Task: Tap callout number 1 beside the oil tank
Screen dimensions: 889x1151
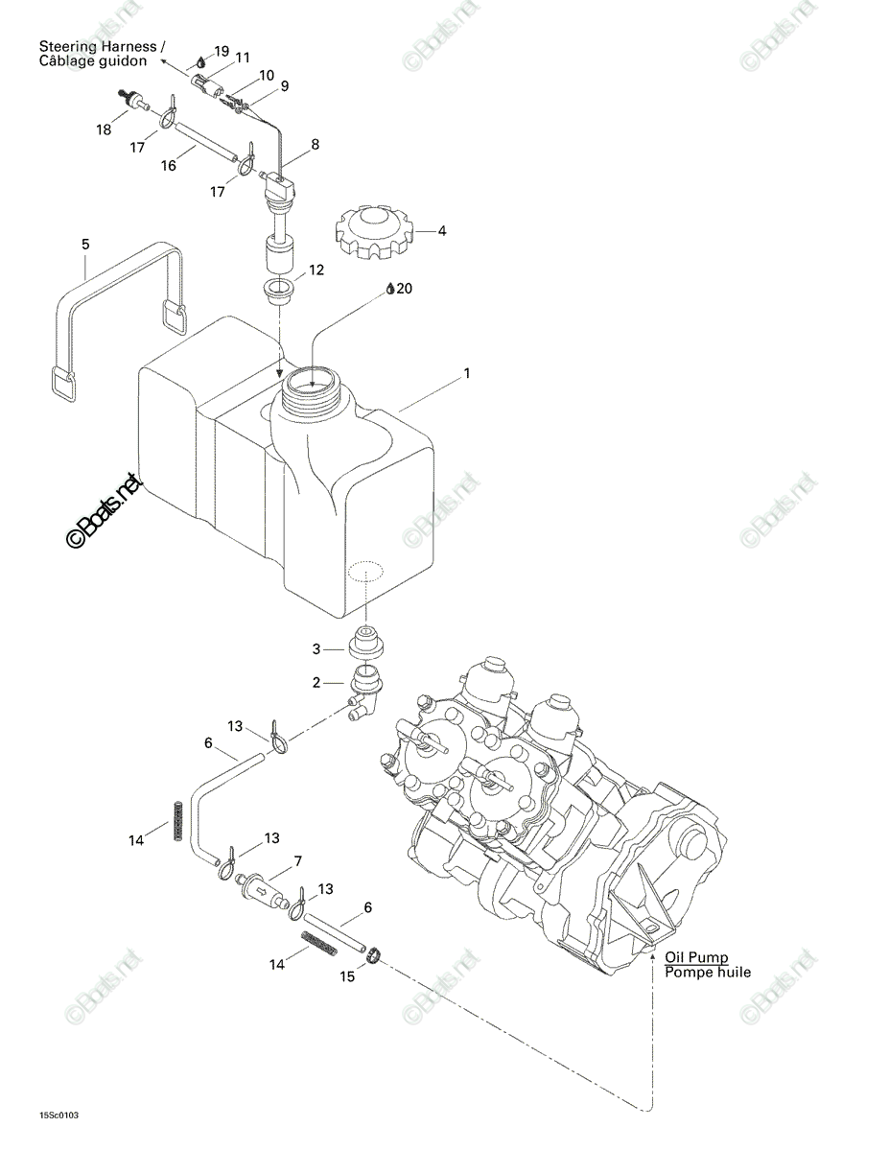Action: coord(466,373)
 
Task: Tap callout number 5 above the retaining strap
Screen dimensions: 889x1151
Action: coord(85,245)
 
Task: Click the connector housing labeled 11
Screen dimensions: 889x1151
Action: coord(207,85)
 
